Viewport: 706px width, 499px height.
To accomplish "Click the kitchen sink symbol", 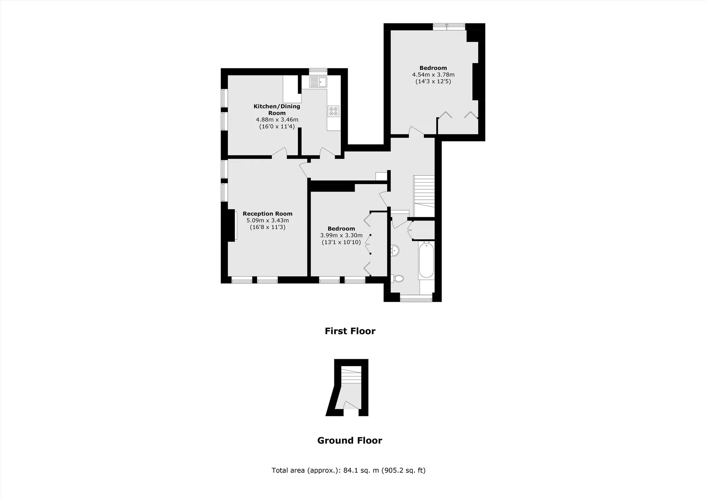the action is pos(318,82).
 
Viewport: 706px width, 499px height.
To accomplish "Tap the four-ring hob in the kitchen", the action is pos(334,111).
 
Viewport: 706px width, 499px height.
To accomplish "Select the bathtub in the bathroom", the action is pos(426,260).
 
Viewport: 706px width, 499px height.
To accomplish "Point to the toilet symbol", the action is pos(397,279).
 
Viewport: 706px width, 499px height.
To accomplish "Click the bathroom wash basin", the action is pos(395,251).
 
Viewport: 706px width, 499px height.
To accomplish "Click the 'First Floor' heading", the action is pos(350,331).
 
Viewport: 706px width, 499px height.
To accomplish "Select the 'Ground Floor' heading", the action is pos(349,440).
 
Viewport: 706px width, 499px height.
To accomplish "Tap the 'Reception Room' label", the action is pos(268,214).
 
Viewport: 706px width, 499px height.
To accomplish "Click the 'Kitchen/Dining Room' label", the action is pos(277,109).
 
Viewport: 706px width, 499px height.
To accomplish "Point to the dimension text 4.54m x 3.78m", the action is pos(433,74).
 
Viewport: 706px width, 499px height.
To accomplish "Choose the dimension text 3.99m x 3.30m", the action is pos(341,235).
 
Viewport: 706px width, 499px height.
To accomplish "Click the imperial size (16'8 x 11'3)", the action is pos(268,227).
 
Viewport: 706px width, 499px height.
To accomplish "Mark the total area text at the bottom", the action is pos(348,470).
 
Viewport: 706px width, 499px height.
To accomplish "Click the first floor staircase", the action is pos(424,196).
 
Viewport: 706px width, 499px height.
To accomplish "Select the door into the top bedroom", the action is pos(416,131).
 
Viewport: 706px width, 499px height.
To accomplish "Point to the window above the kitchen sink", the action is pos(318,71).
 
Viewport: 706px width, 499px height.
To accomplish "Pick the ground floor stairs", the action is pos(352,375).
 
